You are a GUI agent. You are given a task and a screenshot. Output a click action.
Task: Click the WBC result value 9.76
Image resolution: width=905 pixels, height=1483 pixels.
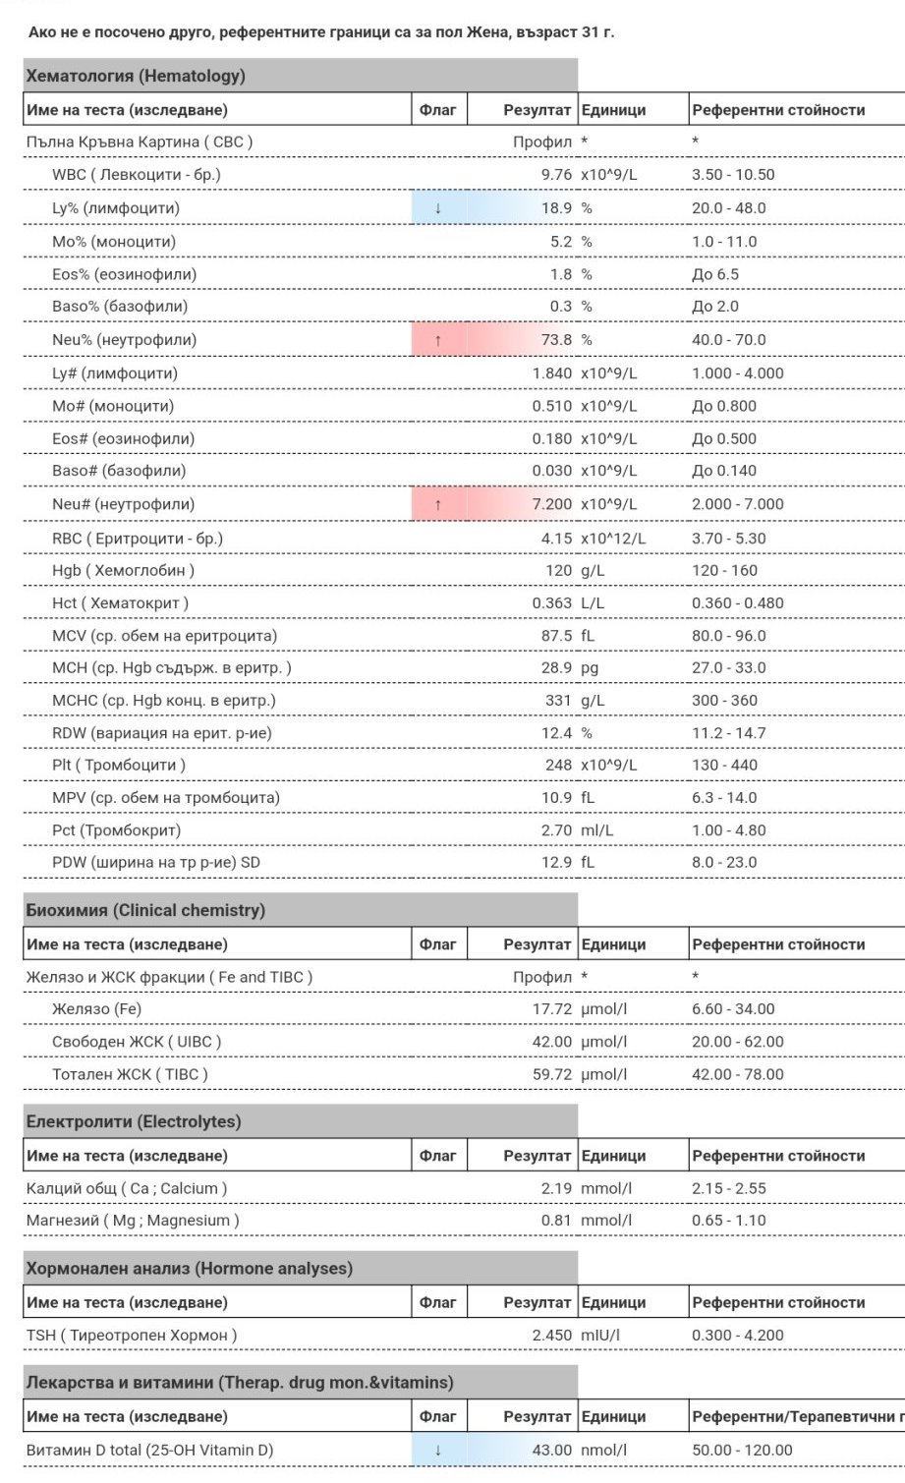tap(556, 175)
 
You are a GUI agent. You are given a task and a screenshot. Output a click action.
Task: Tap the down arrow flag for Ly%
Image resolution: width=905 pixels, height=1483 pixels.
tap(438, 208)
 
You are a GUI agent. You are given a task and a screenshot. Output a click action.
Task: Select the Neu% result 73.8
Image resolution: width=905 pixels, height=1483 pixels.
tap(556, 340)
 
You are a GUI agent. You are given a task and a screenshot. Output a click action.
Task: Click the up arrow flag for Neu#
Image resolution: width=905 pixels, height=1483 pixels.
tap(438, 504)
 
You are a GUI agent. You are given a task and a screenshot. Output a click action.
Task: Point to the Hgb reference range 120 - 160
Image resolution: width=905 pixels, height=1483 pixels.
tap(724, 570)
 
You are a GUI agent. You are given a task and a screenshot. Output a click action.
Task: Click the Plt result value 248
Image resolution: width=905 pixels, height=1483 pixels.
tap(558, 765)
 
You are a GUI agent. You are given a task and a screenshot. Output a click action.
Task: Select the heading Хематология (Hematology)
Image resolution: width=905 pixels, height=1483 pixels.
tap(136, 76)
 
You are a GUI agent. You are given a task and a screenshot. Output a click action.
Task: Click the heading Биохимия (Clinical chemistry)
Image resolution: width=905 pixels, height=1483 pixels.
tap(145, 910)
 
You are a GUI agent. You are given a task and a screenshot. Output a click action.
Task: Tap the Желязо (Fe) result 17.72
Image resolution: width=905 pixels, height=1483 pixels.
tap(551, 1009)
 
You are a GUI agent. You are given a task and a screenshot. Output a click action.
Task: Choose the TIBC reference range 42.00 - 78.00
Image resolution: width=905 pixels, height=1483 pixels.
tap(737, 1074)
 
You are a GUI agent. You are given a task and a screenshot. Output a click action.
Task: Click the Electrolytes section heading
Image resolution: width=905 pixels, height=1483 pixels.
tap(134, 1121)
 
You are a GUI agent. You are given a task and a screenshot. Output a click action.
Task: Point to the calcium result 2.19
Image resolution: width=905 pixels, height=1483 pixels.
tap(556, 1188)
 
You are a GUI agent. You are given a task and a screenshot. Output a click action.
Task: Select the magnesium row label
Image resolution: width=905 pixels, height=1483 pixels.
tap(133, 1221)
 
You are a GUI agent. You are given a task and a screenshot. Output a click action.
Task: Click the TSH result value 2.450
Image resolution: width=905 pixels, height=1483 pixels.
tap(551, 1335)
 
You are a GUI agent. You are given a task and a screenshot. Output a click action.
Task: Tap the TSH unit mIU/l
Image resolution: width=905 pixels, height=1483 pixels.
tap(600, 1335)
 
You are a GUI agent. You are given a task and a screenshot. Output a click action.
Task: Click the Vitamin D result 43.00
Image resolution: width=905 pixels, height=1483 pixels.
tap(551, 1450)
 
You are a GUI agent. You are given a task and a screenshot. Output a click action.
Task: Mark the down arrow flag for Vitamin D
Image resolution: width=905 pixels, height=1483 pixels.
tap(438, 1450)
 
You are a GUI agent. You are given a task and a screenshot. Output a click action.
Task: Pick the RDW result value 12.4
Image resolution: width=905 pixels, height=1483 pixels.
tap(556, 733)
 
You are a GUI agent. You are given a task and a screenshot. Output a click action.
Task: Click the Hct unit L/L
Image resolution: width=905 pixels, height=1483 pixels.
tap(593, 603)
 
